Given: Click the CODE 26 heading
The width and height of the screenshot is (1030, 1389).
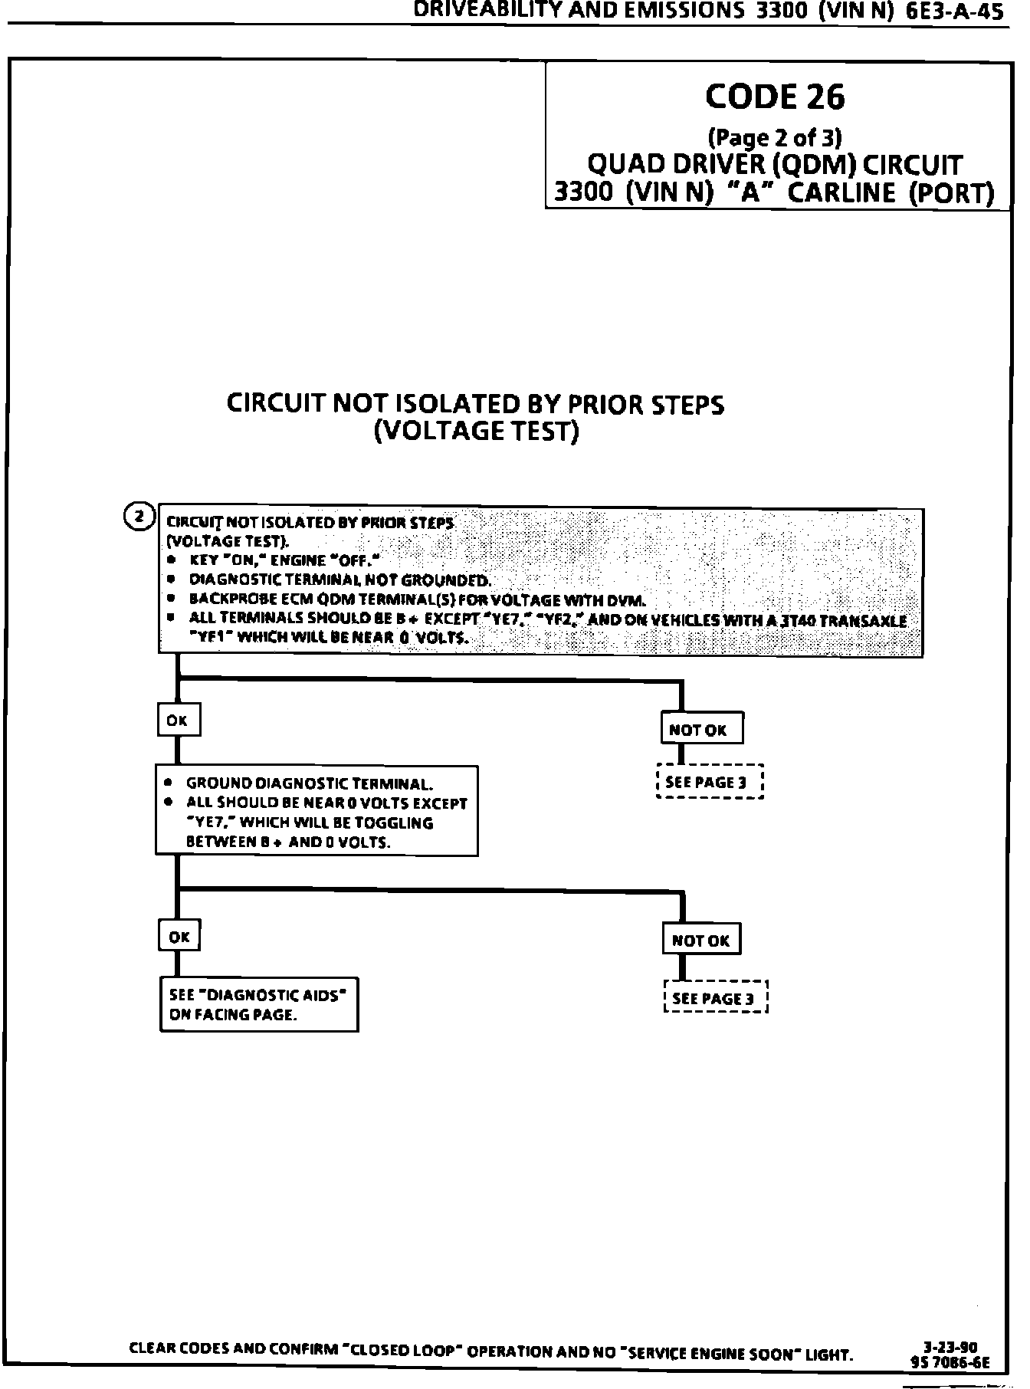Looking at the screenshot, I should click(x=774, y=97).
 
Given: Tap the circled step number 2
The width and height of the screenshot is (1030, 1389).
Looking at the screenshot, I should click(x=139, y=517).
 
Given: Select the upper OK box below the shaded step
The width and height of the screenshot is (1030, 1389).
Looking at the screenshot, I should click(x=178, y=720).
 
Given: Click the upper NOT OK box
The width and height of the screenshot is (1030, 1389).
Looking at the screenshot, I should click(x=701, y=729).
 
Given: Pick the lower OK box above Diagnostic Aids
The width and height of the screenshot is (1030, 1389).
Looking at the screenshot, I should click(x=179, y=936).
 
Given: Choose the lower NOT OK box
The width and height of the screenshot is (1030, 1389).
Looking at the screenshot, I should click(x=701, y=940).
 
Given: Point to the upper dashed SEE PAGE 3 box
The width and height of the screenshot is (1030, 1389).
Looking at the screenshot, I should click(x=710, y=782).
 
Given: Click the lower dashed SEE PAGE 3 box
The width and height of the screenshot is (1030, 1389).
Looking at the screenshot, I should click(x=715, y=998).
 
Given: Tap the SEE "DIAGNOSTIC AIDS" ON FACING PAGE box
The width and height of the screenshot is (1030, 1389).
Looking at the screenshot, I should click(x=258, y=1004).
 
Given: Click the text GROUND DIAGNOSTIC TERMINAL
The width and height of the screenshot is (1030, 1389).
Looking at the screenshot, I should click(x=310, y=783).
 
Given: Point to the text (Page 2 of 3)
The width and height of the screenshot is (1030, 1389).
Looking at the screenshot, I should click(x=774, y=138).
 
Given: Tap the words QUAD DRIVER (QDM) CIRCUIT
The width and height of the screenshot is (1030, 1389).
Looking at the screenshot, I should click(x=774, y=165).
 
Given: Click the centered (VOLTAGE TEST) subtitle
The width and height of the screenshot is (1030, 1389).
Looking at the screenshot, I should click(x=476, y=432).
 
